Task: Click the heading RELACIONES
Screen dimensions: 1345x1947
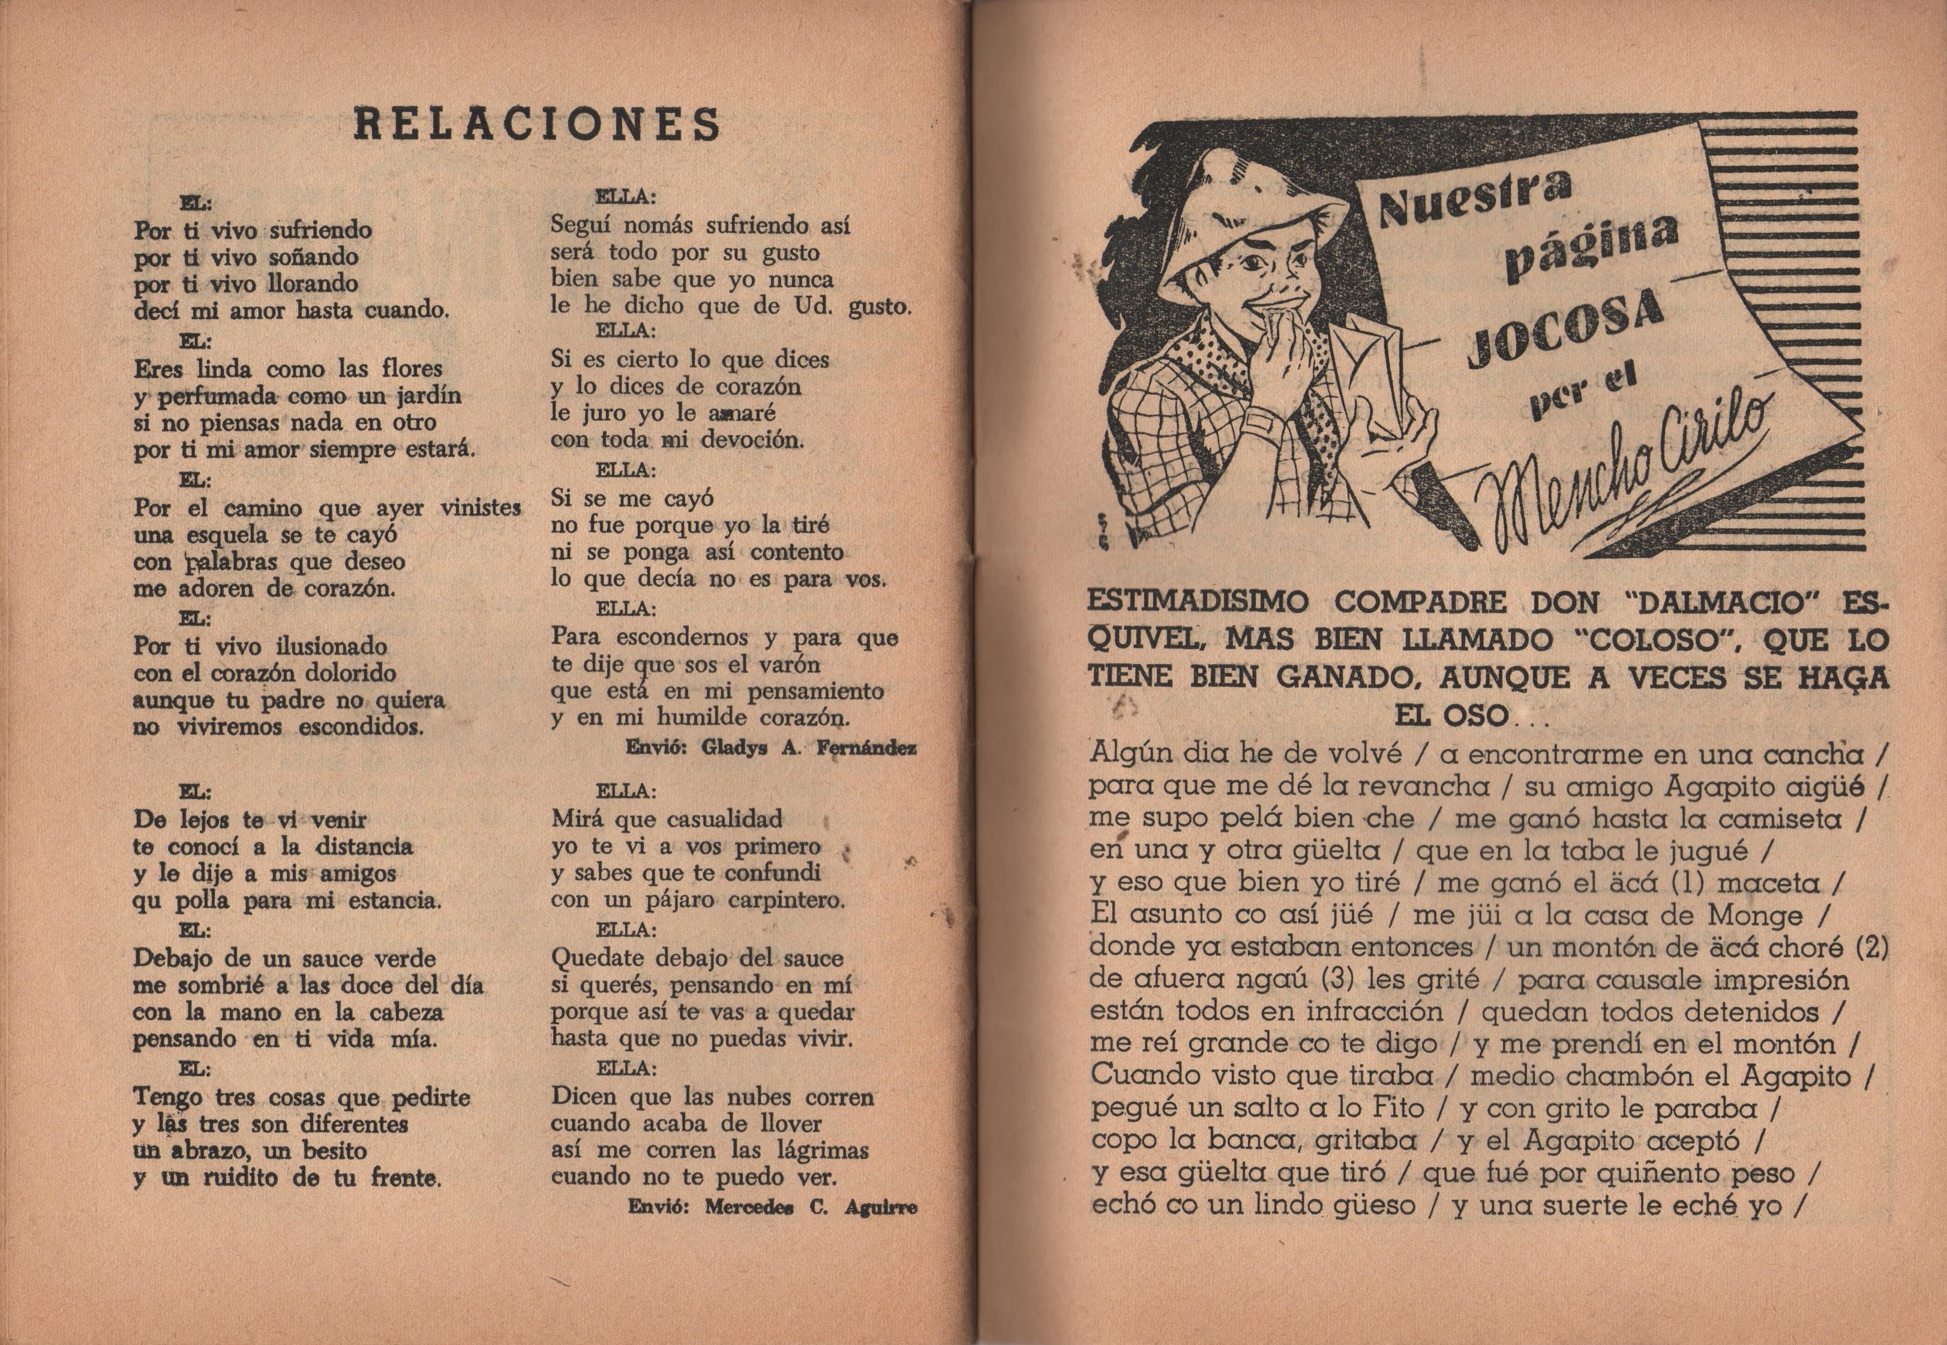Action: coord(537,124)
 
